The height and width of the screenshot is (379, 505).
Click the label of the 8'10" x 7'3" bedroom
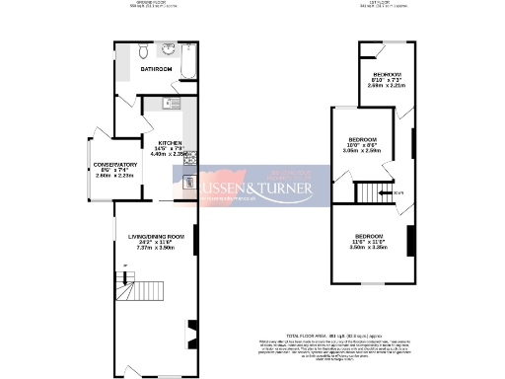pos(388,76)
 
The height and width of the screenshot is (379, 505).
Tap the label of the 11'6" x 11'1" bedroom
pos(369,236)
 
